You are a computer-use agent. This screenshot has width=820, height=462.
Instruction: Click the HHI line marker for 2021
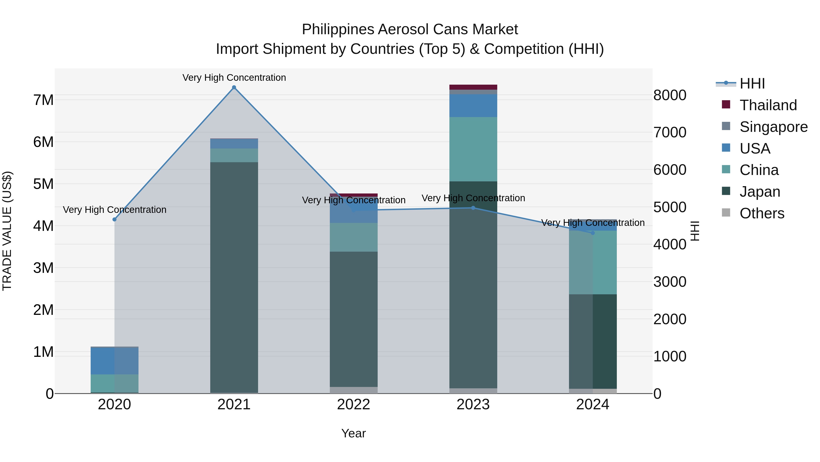pos(234,87)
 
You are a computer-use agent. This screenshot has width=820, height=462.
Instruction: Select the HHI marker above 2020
pos(115,219)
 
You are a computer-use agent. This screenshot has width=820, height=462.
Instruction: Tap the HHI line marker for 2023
pos(473,208)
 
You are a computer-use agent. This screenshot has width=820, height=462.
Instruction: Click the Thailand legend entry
pos(768,105)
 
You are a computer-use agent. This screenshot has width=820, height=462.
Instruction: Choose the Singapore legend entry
pos(773,127)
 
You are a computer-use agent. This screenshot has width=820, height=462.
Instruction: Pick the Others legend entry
pos(762,213)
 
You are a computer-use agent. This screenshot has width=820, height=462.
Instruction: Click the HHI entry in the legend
pos(752,84)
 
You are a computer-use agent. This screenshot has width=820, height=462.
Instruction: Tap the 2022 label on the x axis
pos(353,405)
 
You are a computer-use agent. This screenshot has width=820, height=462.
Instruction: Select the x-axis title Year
pos(353,433)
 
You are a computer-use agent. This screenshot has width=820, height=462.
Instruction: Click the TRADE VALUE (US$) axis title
pos(7,231)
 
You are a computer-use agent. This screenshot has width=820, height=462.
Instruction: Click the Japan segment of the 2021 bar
pos(234,277)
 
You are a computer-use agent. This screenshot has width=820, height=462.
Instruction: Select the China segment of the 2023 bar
pos(473,149)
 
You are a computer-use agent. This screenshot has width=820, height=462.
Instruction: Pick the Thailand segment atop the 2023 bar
pos(473,87)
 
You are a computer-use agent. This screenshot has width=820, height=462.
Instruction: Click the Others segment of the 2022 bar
pos(353,390)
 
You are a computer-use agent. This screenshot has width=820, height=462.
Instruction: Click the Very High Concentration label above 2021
pos(234,78)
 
